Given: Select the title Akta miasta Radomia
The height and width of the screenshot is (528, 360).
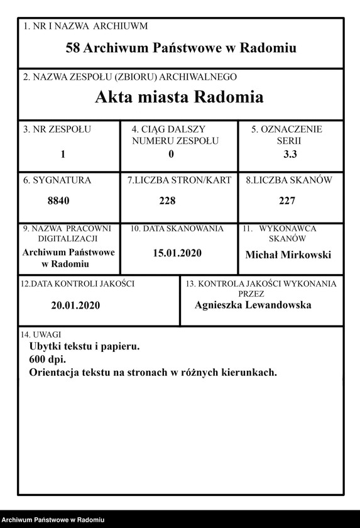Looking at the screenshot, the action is [x=179, y=97].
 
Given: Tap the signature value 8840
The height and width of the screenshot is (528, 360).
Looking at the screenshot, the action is [x=58, y=201].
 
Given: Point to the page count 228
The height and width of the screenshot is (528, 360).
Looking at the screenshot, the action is [x=167, y=201].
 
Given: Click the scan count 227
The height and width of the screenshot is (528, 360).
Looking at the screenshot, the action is [x=287, y=201].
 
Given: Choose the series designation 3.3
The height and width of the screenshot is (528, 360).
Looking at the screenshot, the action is [x=291, y=154].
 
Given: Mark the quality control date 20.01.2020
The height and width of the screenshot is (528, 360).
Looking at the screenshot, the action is [x=75, y=306].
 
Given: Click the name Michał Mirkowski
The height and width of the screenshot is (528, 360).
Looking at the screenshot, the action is [x=288, y=255].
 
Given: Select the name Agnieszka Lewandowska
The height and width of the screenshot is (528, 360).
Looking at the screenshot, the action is [x=253, y=305].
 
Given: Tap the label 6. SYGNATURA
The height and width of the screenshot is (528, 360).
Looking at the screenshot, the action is [x=57, y=180].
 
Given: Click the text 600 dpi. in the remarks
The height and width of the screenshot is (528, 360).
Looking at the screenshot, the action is [x=48, y=359].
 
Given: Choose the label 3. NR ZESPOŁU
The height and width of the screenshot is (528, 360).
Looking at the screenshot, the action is [x=57, y=129].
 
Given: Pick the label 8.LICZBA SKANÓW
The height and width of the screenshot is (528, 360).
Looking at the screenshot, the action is [x=289, y=180].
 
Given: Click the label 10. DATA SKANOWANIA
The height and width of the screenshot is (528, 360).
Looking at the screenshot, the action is [x=177, y=229].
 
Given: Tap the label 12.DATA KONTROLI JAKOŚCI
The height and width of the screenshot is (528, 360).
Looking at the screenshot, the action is [x=78, y=283].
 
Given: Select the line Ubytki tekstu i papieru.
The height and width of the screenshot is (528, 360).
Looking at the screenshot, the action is [x=84, y=346].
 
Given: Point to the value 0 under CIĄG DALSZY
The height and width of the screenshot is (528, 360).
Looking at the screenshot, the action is [x=171, y=154].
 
